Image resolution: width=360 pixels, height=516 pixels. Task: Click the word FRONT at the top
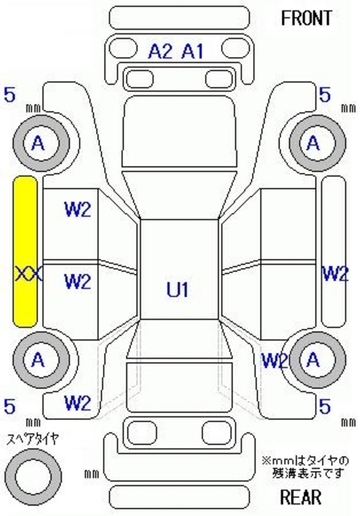tap(306, 18)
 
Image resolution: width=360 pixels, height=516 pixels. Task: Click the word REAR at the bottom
tap(301, 497)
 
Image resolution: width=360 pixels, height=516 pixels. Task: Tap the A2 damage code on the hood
tap(160, 52)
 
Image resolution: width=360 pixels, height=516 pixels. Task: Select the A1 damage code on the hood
tap(193, 52)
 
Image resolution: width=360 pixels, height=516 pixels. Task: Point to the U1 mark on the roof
tap(178, 289)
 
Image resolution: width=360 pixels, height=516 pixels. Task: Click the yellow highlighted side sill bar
tap(25, 251)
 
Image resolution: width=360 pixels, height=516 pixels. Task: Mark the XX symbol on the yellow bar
tap(28, 274)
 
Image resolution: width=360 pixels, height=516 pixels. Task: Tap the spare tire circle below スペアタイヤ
tap(33, 476)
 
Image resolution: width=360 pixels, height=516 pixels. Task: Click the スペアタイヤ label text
tap(33, 438)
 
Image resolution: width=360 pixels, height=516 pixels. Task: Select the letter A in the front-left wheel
tap(38, 143)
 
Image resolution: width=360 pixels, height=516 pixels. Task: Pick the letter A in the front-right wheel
tap(313, 143)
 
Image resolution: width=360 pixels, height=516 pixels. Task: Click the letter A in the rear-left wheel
tap(38, 360)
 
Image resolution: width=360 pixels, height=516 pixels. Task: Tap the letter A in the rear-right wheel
tap(313, 360)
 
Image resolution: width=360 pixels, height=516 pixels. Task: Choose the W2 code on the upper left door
tap(78, 210)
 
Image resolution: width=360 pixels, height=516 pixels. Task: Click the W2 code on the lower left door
tap(78, 282)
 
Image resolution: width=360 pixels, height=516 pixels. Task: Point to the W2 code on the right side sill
tap(335, 274)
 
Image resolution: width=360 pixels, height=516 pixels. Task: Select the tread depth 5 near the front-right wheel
tap(325, 95)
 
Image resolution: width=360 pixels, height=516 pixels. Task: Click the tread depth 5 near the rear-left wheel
tap(10, 407)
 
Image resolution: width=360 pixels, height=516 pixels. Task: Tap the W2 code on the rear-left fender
tap(78, 403)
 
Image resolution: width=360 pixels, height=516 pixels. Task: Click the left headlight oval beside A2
tap(123, 48)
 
